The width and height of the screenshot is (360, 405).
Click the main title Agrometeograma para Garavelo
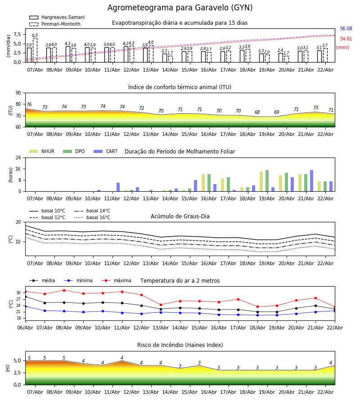(x=180, y=8)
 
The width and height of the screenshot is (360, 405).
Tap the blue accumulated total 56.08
(x=346, y=29)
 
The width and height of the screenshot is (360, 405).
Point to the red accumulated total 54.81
(x=346, y=40)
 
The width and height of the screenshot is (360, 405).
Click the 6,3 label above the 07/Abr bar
(x=35, y=36)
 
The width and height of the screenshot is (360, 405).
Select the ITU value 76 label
(x=29, y=105)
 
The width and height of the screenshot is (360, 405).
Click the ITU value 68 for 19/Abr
(x=257, y=112)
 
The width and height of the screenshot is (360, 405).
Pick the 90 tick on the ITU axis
(x=18, y=93)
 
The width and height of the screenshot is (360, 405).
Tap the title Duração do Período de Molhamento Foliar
(x=180, y=152)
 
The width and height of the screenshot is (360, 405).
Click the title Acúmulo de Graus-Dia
(x=180, y=216)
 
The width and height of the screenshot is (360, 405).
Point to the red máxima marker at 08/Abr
(x=64, y=290)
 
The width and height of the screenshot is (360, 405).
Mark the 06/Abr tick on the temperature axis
(x=25, y=328)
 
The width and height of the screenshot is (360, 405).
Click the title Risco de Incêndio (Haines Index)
(x=180, y=345)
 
